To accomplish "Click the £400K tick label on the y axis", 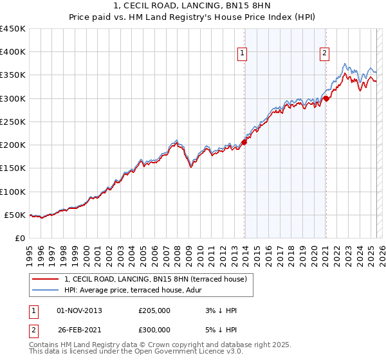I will point(13,52).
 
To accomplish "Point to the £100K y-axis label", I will point(13,192).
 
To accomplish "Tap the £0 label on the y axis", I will point(20,238).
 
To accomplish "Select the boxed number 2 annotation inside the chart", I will point(325,53).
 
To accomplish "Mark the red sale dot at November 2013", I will point(244,143).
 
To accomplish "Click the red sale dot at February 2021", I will point(326,98).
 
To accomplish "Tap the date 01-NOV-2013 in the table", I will point(79,310).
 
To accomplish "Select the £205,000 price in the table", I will point(154,310).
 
